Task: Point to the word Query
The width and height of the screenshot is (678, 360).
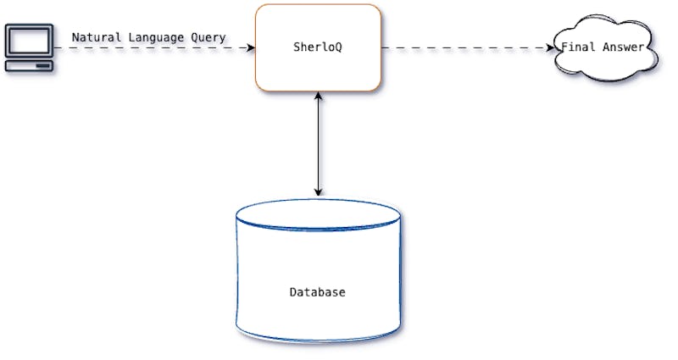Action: click(x=209, y=37)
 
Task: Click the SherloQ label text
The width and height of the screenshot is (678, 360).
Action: click(x=318, y=47)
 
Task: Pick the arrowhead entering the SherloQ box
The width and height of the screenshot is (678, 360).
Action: click(x=250, y=48)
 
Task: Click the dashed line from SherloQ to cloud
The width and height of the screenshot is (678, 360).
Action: click(x=466, y=48)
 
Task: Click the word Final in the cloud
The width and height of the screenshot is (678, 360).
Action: click(x=578, y=47)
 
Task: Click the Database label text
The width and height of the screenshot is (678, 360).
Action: click(x=318, y=292)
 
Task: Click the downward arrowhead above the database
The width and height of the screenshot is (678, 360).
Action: click(x=318, y=191)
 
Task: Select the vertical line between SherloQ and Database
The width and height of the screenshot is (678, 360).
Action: click(x=318, y=144)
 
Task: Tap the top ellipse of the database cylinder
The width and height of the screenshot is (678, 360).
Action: click(x=318, y=213)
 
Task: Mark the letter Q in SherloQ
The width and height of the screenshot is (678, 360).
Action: click(x=342, y=47)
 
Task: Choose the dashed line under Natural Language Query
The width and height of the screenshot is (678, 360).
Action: click(x=153, y=48)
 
